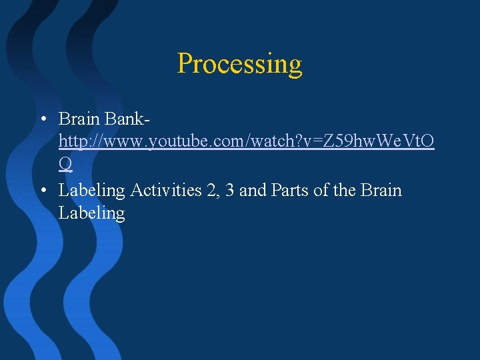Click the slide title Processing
point(239,64)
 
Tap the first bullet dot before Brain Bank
point(42,120)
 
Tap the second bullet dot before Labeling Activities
point(42,191)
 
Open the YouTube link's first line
point(246,141)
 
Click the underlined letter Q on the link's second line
point(65,163)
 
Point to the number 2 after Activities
point(211,191)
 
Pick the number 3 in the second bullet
point(229,191)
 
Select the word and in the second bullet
point(253,191)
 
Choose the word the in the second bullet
point(344,191)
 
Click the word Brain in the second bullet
point(381,191)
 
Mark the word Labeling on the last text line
point(91,213)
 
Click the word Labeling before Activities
point(91,191)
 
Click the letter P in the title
point(186,64)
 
